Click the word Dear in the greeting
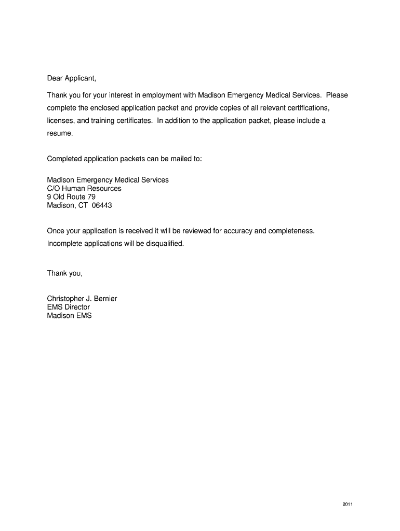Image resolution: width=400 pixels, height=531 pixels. [x=55, y=79]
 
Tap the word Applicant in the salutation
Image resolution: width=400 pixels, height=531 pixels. [x=81, y=79]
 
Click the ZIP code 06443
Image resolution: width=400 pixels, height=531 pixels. [x=102, y=205]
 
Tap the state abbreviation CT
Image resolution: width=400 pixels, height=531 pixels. [x=83, y=205]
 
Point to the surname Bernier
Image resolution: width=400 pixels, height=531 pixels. [x=105, y=299]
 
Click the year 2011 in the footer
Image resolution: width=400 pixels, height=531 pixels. [x=348, y=504]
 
